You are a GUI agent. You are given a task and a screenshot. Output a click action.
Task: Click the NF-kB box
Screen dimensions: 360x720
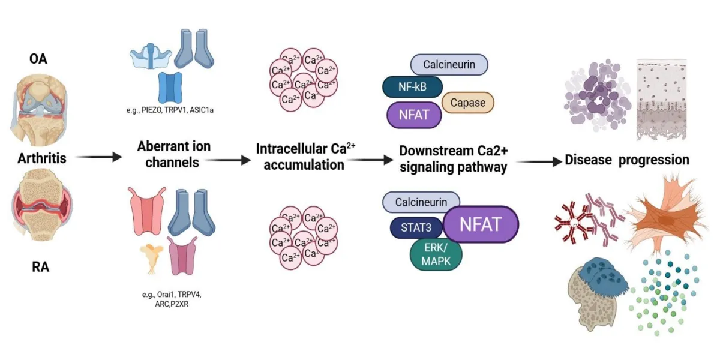tap(412, 88)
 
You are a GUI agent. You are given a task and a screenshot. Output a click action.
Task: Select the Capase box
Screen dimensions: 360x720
tap(467, 103)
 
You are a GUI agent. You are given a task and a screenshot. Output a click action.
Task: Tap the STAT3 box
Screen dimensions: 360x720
tap(416, 227)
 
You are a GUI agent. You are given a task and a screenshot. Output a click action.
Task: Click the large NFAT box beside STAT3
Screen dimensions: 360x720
tap(480, 224)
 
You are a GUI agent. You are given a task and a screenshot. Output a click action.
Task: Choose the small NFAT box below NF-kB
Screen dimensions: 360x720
tap(414, 114)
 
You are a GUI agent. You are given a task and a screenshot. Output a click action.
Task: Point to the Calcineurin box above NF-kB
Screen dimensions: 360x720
tap(449, 65)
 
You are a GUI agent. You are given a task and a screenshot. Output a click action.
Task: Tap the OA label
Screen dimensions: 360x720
tap(39, 59)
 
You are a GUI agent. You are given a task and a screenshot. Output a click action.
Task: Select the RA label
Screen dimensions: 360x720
tap(40, 267)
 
